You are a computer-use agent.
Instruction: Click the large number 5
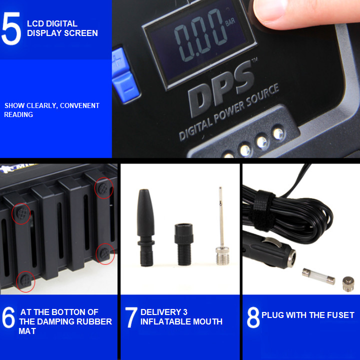click(x=11, y=28)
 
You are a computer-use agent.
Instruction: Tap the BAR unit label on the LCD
click(x=230, y=22)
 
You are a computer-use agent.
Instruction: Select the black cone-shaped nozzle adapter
click(x=145, y=227)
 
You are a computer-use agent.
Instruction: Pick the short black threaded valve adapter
click(x=184, y=244)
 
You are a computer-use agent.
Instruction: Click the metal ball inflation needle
click(x=222, y=226)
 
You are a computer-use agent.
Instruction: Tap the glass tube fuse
click(x=318, y=276)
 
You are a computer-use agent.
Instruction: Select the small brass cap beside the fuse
click(x=348, y=284)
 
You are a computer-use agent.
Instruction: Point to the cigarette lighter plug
click(x=269, y=250)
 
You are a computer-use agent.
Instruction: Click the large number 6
click(x=8, y=317)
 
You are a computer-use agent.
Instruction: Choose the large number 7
click(x=131, y=317)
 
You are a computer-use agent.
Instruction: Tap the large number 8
click(x=253, y=317)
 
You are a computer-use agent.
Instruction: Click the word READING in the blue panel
click(x=18, y=114)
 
